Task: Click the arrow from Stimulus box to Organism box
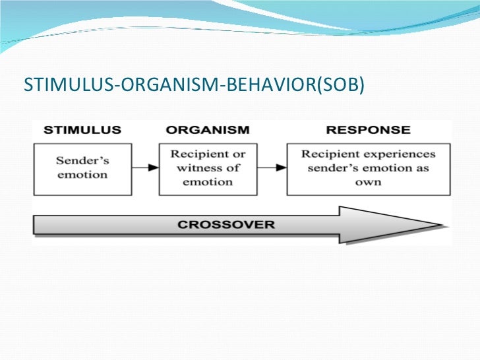tap(146, 167)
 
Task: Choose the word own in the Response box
tap(368, 182)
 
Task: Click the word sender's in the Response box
tap(331, 168)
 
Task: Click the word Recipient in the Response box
tap(327, 154)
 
